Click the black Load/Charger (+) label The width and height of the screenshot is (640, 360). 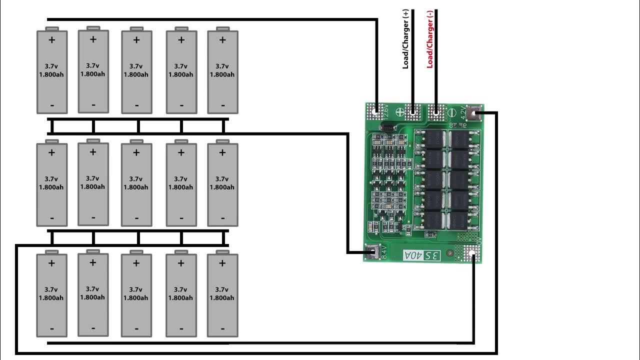(x=406, y=38)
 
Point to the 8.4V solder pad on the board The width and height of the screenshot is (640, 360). (x=372, y=252)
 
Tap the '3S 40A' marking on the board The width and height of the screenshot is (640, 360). (x=422, y=255)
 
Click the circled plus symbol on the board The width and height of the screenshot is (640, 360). (x=399, y=112)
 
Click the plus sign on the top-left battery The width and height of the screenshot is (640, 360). (x=51, y=40)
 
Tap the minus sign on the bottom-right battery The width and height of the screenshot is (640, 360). (x=222, y=328)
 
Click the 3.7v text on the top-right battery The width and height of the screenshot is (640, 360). (x=222, y=66)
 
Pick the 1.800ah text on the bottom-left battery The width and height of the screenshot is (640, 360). (x=51, y=298)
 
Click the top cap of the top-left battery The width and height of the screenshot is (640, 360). (x=52, y=28)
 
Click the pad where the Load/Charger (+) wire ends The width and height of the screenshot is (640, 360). (x=413, y=111)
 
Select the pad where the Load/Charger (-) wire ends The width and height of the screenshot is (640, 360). (x=436, y=111)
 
